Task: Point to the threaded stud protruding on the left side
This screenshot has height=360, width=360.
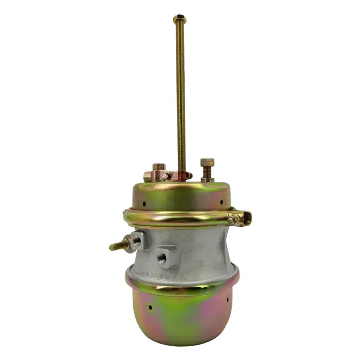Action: point(117,245)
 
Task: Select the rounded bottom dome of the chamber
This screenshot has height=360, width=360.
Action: point(180,314)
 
